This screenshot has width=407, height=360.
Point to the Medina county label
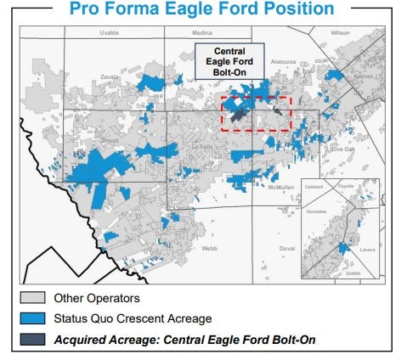click(x=178, y=33)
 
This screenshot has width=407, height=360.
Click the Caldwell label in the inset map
click(x=314, y=186)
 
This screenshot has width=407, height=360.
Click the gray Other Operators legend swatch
click(x=31, y=298)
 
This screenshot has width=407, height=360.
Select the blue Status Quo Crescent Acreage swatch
click(x=31, y=319)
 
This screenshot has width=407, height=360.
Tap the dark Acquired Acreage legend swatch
click(x=31, y=340)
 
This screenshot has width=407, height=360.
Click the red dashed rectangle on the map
click(x=256, y=114)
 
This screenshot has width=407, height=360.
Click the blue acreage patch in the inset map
click(x=343, y=247)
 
